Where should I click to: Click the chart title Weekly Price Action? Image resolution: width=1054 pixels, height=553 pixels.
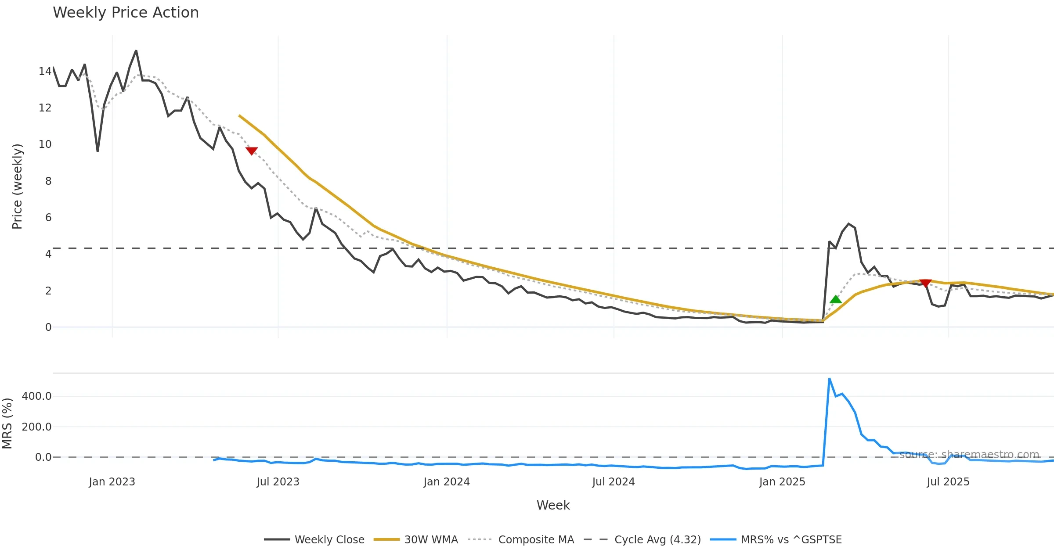pyautogui.click(x=126, y=13)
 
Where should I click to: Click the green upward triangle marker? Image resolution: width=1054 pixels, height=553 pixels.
pyautogui.click(x=836, y=300)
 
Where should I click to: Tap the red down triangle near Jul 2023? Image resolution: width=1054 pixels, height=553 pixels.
pyautogui.click(x=252, y=151)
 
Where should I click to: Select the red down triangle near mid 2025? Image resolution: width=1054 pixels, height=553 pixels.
pyautogui.click(x=925, y=283)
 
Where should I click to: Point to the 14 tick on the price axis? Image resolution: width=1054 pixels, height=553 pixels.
pyautogui.click(x=45, y=72)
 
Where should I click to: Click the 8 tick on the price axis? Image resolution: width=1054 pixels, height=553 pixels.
pyautogui.click(x=48, y=181)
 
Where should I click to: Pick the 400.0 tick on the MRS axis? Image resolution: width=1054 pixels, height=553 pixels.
pyautogui.click(x=37, y=396)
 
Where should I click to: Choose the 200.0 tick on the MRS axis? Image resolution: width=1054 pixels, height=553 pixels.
pyautogui.click(x=37, y=427)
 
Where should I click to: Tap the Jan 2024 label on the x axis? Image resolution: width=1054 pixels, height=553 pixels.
pyautogui.click(x=447, y=482)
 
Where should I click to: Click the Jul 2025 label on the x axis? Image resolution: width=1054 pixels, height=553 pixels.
pyautogui.click(x=948, y=482)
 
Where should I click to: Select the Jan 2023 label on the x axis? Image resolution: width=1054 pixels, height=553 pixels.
pyautogui.click(x=112, y=482)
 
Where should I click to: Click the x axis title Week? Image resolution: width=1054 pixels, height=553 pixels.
pyautogui.click(x=553, y=506)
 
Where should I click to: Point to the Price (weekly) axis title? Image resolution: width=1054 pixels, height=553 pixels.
pyautogui.click(x=17, y=187)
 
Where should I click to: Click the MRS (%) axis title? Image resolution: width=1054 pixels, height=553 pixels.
pyautogui.click(x=7, y=424)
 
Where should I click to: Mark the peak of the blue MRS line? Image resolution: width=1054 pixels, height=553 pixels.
pyautogui.click(x=829, y=379)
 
